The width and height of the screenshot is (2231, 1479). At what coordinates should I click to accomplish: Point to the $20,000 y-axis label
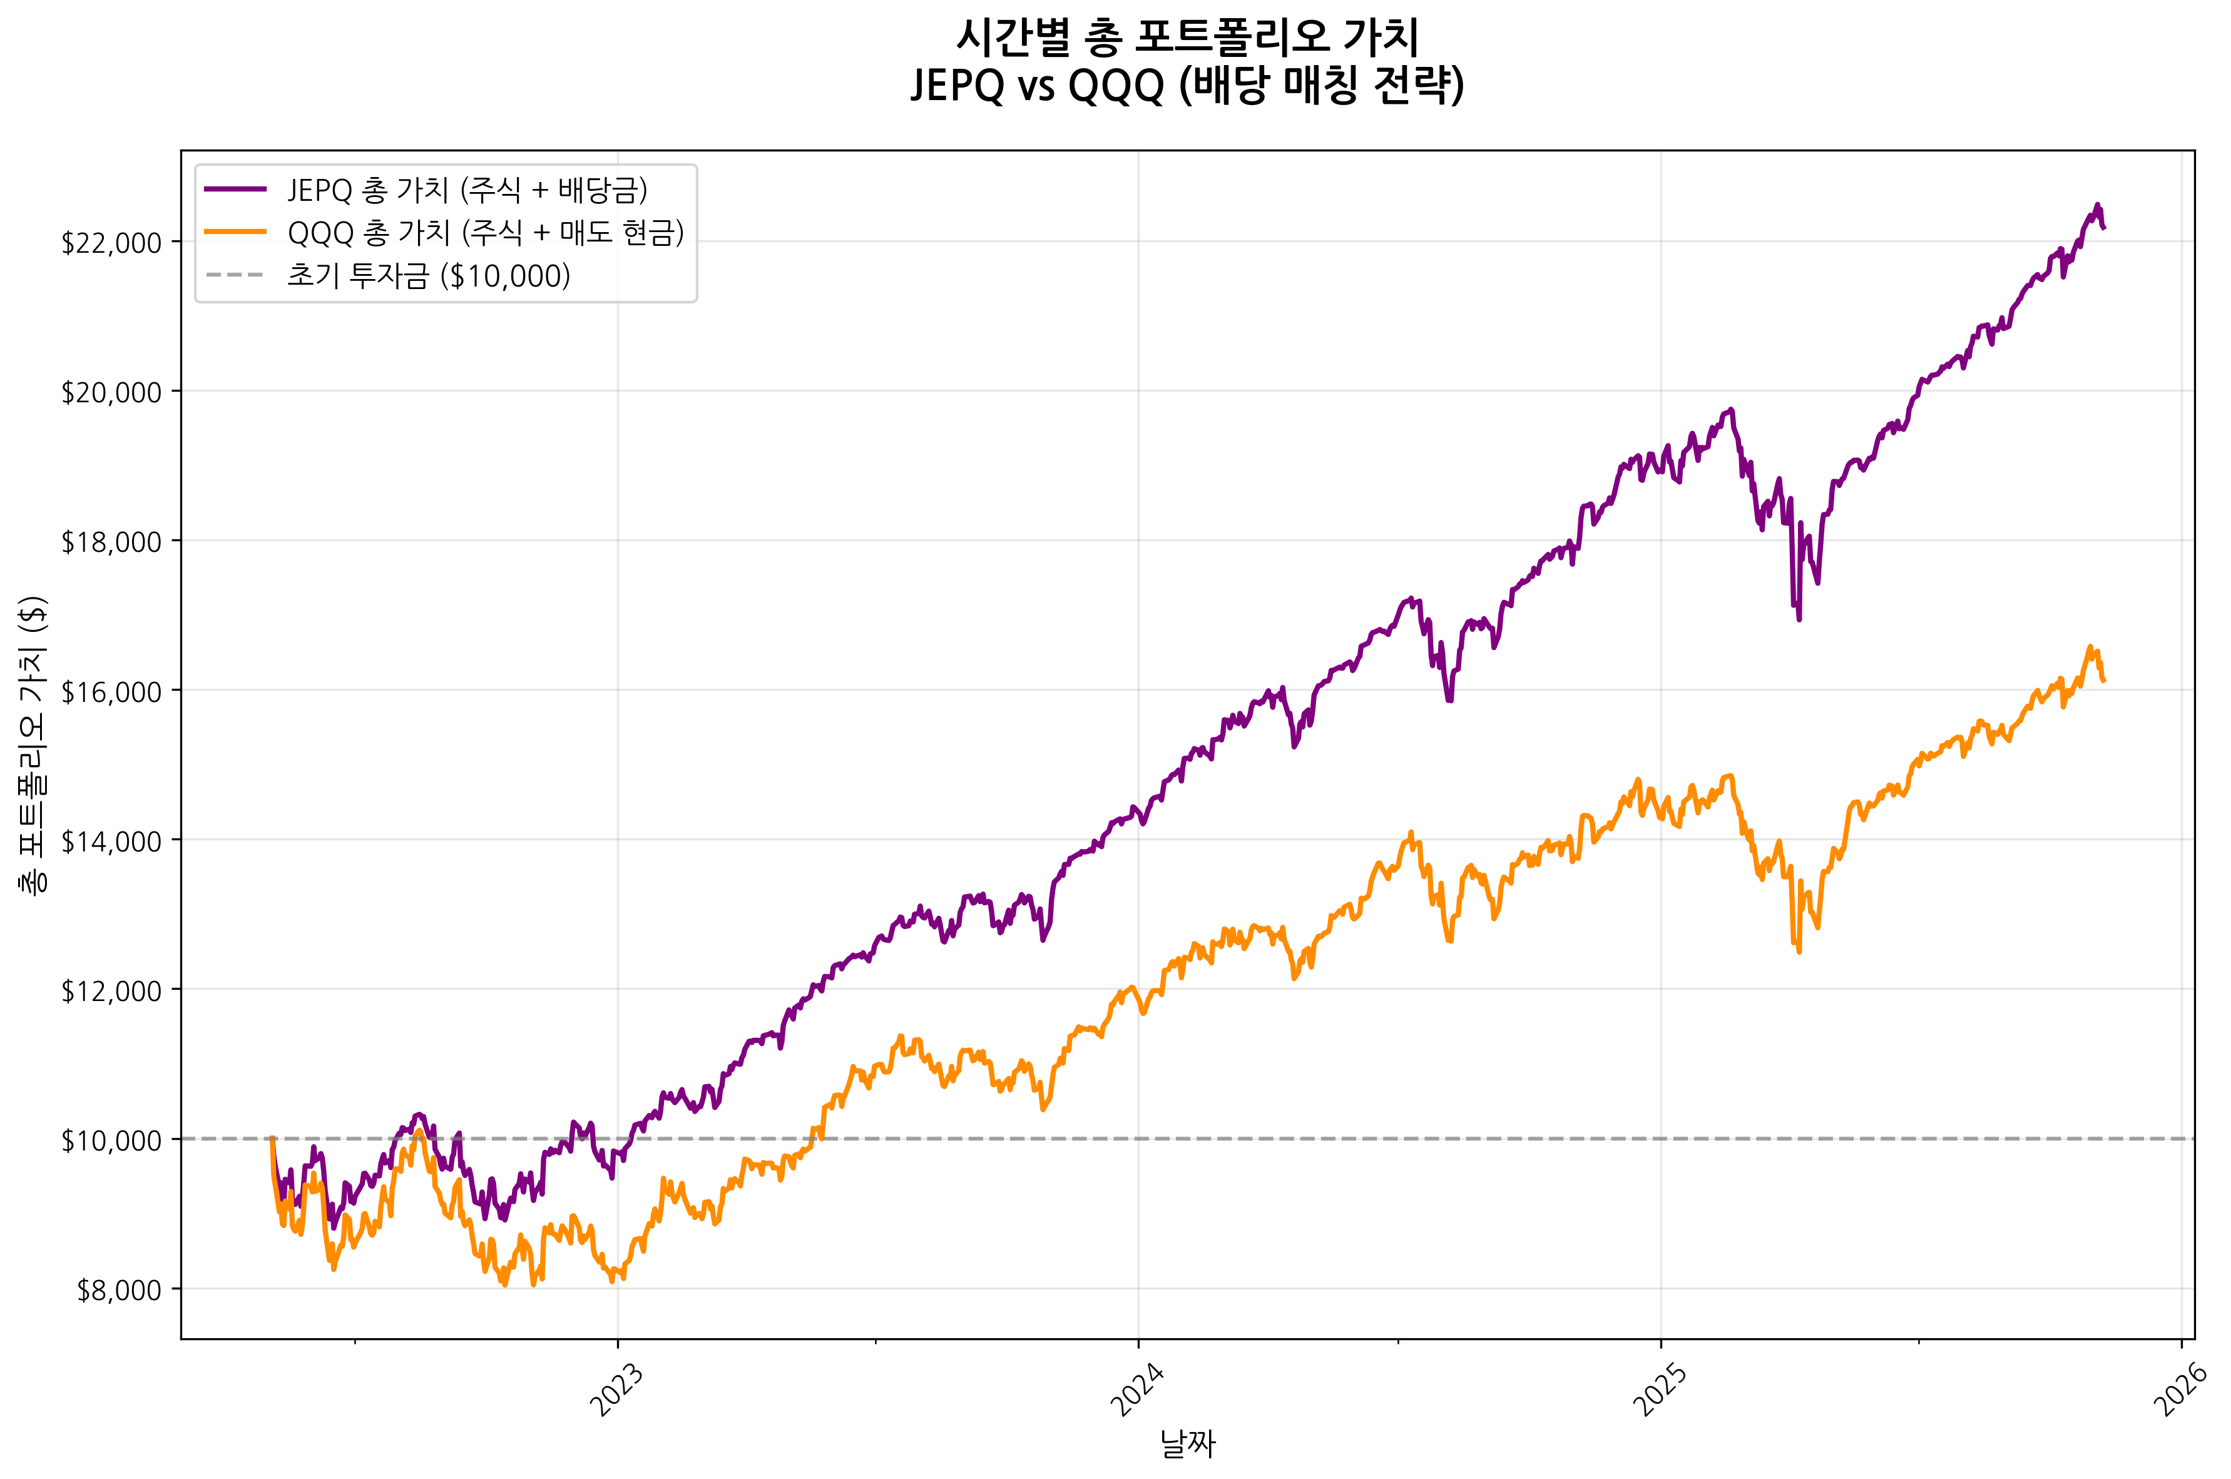111,392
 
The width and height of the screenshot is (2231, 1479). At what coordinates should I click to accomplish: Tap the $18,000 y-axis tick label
111,542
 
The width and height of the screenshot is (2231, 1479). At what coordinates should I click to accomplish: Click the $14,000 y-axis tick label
111,841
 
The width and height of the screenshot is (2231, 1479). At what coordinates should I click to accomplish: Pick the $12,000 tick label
111,992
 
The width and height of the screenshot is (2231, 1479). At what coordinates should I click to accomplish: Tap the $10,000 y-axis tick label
111,1141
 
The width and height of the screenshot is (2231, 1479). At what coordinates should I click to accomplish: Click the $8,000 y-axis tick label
119,1290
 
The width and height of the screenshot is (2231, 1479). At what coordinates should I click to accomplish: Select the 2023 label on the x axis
617,1390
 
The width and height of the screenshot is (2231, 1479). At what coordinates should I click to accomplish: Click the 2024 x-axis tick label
1138,1390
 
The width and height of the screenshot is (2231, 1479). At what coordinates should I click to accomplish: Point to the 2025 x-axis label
1660,1390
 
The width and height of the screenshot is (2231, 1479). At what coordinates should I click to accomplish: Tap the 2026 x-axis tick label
2181,1390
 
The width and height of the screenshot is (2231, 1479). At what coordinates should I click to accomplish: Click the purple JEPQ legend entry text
467,190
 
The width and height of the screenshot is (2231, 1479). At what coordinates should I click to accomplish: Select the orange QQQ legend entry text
485,232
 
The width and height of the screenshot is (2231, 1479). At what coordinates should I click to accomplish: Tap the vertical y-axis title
34,745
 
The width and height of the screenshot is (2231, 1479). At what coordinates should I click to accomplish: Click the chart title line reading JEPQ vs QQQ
1187,86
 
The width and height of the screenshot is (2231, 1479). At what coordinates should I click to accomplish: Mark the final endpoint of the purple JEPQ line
2104,227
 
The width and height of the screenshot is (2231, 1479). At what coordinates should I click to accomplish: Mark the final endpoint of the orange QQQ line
2104,681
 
